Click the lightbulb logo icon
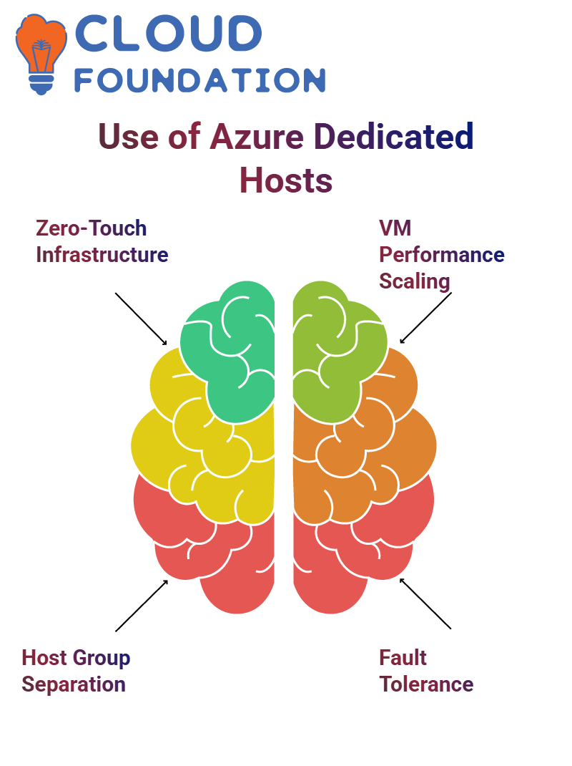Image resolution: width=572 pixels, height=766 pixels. click(41, 54)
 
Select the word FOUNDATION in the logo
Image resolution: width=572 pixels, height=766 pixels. click(199, 80)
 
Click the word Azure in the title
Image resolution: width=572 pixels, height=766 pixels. click(257, 136)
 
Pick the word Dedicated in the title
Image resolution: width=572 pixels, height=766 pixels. click(393, 136)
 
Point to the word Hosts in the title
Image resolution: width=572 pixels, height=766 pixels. click(286, 180)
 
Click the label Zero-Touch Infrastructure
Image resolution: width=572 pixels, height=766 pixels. click(102, 241)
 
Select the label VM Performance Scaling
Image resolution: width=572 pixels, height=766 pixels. click(442, 255)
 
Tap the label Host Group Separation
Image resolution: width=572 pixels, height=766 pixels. click(76, 671)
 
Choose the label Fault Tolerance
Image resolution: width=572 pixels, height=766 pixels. click(426, 671)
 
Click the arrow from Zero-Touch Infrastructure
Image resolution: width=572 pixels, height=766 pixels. click(141, 319)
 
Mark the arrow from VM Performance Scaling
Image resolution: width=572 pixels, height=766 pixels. click(425, 318)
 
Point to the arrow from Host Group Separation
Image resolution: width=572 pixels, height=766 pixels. click(142, 606)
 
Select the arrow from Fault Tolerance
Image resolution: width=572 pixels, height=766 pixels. click(425, 603)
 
